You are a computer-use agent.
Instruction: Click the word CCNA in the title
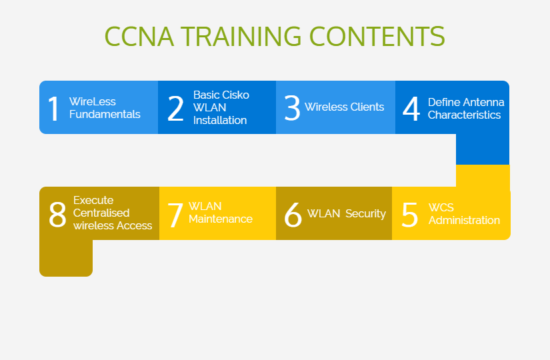click(x=139, y=36)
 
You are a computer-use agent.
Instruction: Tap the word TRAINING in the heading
click(x=241, y=36)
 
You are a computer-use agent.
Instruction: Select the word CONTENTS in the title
click(x=377, y=36)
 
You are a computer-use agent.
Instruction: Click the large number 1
click(x=54, y=109)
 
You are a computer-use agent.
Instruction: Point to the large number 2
click(x=176, y=109)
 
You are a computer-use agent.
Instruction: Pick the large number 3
click(x=292, y=108)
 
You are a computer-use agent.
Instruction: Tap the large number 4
click(x=411, y=109)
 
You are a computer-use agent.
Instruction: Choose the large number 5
click(x=410, y=215)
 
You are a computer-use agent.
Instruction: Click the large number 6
click(x=293, y=215)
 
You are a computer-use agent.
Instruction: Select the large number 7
click(x=175, y=215)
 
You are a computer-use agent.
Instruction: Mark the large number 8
click(x=57, y=215)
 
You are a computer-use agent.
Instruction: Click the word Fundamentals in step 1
click(x=105, y=115)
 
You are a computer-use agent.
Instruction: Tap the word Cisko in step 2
click(x=235, y=95)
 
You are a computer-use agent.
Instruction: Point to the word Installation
click(x=220, y=121)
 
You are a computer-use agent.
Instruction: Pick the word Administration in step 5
click(x=464, y=221)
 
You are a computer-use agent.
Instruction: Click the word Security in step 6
click(x=365, y=214)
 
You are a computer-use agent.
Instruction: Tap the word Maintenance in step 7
click(x=221, y=219)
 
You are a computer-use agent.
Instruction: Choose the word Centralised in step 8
click(x=101, y=213)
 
